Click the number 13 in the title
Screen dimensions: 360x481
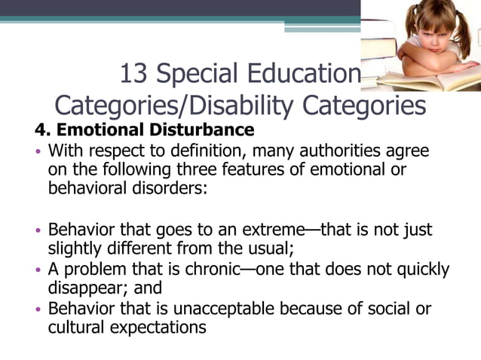click(133, 74)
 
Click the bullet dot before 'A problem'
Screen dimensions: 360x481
click(39, 270)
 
